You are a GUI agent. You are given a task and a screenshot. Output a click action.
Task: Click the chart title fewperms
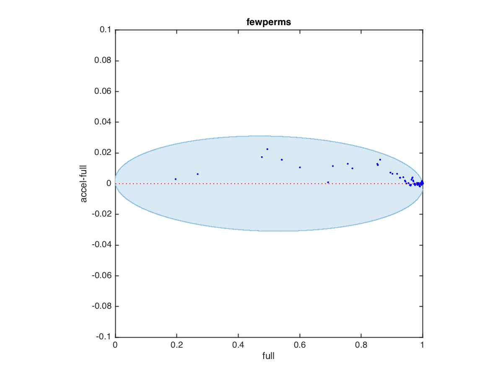(269, 23)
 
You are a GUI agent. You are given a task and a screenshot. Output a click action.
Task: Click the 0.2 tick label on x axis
(176, 346)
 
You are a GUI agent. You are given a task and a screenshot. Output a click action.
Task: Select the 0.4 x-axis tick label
(238, 346)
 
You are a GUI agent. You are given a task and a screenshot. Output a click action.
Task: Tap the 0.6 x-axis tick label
(300, 346)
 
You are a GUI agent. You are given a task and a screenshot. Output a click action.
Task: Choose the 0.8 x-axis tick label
(361, 346)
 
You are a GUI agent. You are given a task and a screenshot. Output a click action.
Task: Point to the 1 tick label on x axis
(423, 346)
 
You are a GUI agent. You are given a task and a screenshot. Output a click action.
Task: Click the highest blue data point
(267, 149)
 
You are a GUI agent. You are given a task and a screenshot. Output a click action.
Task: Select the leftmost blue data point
(176, 179)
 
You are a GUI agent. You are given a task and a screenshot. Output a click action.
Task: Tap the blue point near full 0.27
(197, 174)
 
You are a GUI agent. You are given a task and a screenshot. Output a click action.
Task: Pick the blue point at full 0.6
(300, 167)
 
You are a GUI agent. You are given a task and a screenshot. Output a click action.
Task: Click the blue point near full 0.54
(282, 160)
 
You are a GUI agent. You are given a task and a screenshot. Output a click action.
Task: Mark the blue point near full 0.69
(328, 182)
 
